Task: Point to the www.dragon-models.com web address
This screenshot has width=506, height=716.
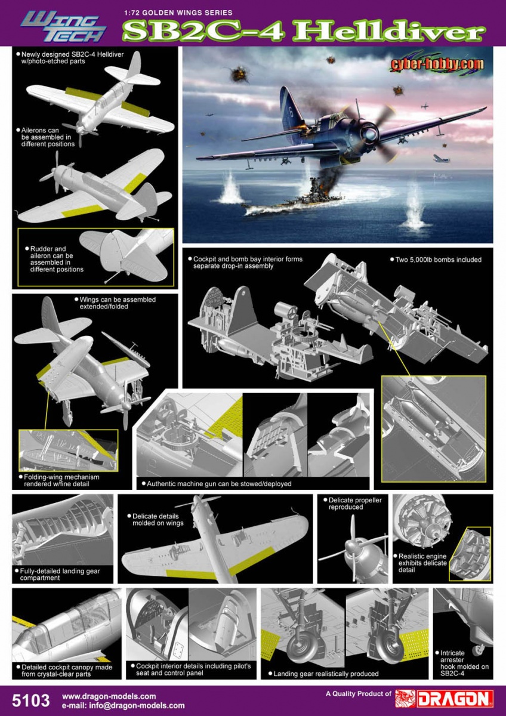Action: coord(109,696)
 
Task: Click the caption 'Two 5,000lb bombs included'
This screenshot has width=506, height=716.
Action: coord(435,260)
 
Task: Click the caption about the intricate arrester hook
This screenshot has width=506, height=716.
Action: coord(464,662)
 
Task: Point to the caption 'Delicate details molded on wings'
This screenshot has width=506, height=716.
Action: coord(158,519)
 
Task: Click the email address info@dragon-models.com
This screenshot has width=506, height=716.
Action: coord(123,705)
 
